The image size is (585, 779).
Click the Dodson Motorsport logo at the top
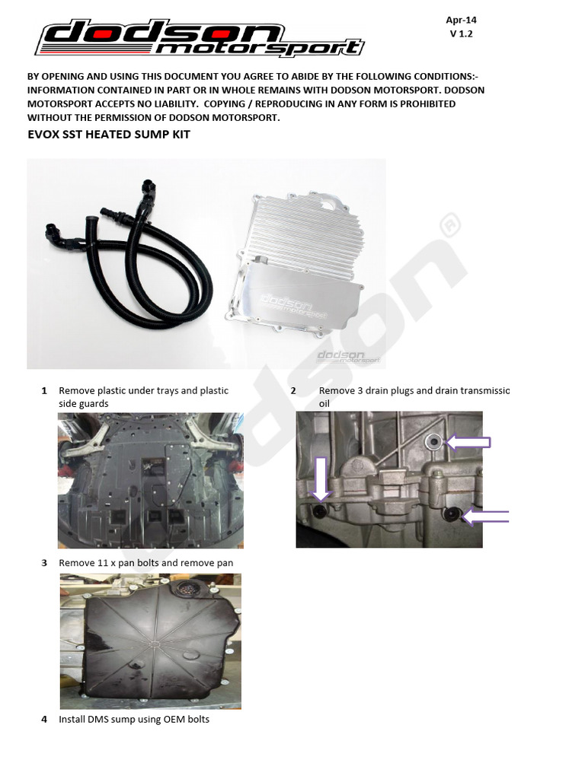(x=200, y=39)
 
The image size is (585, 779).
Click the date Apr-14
(x=462, y=21)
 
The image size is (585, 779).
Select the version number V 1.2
(x=462, y=34)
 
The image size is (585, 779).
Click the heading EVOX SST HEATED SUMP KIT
(x=109, y=135)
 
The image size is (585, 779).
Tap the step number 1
(x=44, y=391)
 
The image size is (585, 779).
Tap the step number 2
(x=293, y=391)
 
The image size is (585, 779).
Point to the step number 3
(x=44, y=563)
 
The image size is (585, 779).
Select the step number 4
(x=44, y=719)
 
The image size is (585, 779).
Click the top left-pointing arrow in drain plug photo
(x=466, y=441)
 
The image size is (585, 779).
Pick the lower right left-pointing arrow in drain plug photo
(x=484, y=517)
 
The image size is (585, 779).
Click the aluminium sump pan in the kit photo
(x=297, y=266)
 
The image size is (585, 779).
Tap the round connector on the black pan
(x=187, y=591)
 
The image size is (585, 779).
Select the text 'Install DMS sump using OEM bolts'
(x=134, y=719)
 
